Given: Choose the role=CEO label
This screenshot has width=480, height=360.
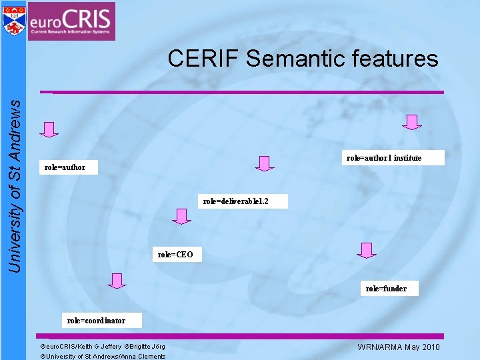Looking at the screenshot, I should [x=175, y=255].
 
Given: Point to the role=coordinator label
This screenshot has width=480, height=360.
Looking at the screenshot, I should [x=95, y=321].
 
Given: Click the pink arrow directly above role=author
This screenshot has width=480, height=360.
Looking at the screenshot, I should [x=49, y=129].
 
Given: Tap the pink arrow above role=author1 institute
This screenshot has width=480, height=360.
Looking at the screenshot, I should [x=413, y=122].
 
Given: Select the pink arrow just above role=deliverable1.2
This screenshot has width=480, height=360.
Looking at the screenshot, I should [x=265, y=163].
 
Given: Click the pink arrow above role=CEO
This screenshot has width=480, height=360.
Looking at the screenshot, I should [x=181, y=216].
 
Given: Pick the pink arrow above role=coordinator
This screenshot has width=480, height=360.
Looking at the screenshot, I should [x=117, y=281].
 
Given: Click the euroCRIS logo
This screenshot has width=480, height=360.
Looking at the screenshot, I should [x=71, y=21].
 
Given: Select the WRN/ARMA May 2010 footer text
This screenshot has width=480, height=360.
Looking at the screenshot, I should [x=399, y=347].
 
